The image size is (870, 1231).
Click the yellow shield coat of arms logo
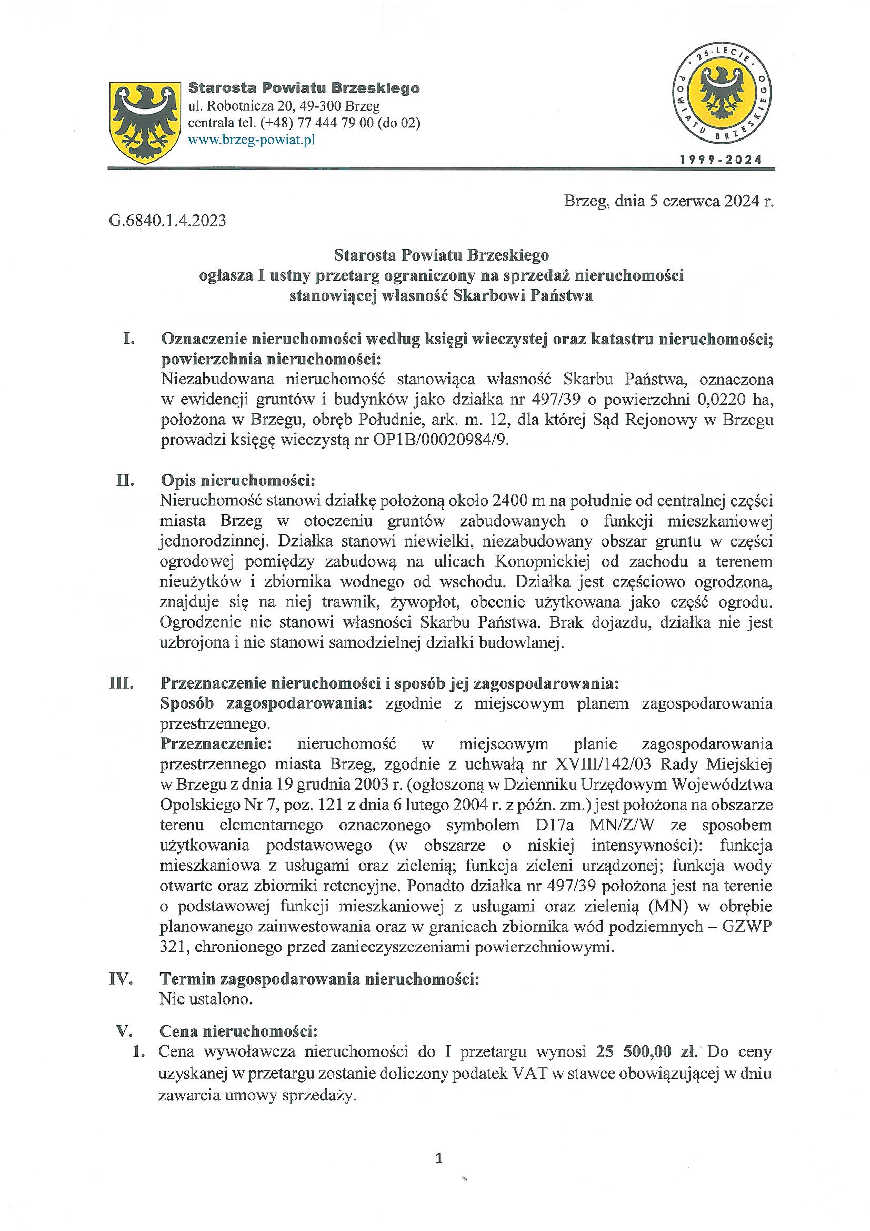(x=144, y=122)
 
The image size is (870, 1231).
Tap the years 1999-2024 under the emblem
(x=721, y=159)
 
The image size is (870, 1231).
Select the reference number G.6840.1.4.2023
(x=167, y=221)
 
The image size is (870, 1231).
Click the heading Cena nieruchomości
(x=239, y=1031)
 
